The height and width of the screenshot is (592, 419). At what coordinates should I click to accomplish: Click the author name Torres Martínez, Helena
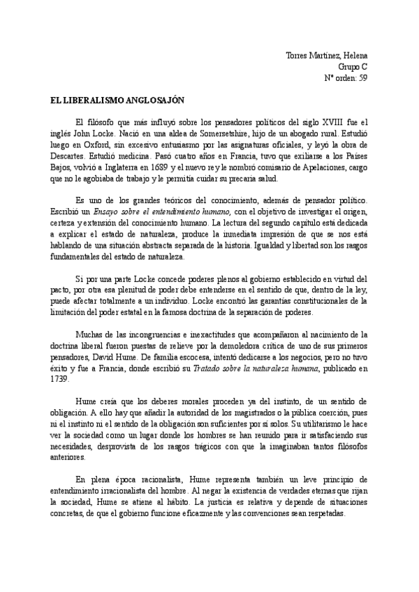tap(328, 55)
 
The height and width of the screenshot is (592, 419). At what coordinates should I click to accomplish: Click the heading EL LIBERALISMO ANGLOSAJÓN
tap(112, 100)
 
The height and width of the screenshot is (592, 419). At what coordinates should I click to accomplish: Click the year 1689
tap(167, 168)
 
